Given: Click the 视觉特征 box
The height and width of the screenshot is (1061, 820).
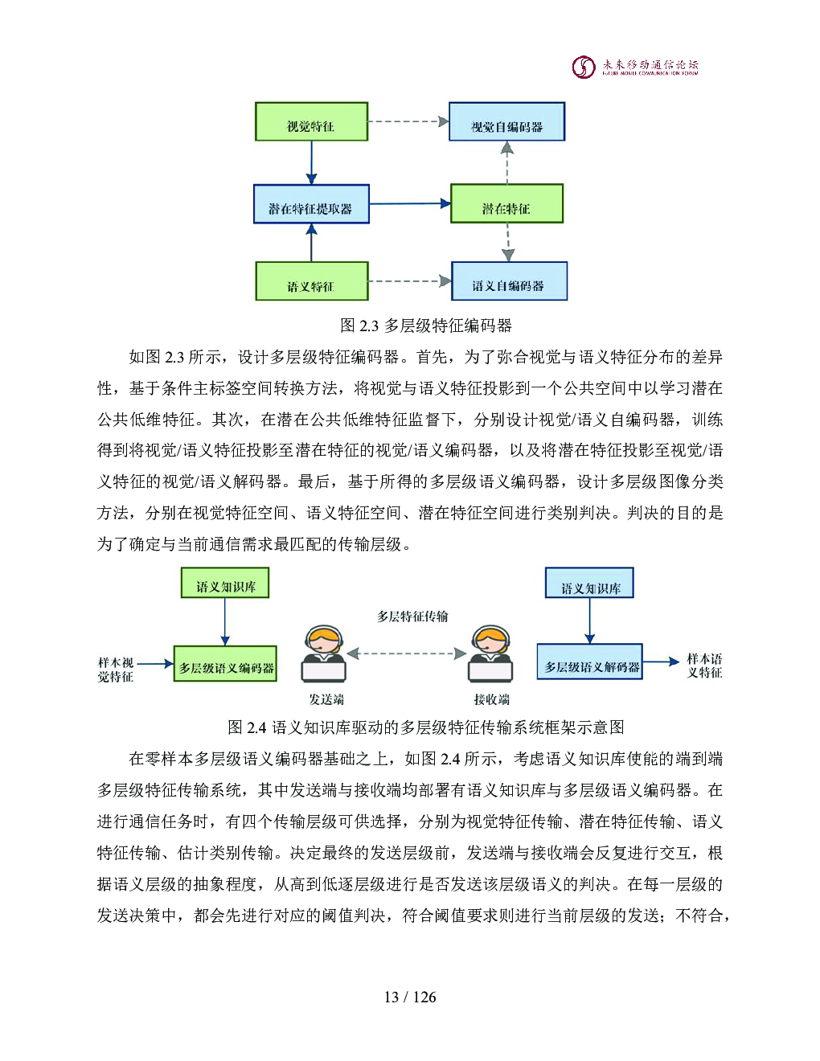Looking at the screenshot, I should (x=311, y=122).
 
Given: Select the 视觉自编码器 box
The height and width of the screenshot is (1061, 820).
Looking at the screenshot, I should (x=506, y=122).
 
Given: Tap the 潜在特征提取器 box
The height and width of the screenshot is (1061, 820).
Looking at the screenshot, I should (x=311, y=205).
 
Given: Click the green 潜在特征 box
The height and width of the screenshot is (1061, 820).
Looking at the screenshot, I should (x=506, y=204).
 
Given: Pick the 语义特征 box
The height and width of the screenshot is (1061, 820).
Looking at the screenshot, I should (x=311, y=281).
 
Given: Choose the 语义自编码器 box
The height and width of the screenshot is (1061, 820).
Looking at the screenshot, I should (x=509, y=281).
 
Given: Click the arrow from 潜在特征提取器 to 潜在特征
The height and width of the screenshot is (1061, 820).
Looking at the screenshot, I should (x=410, y=204).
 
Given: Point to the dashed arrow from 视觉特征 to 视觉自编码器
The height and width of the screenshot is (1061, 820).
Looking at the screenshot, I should (x=408, y=122).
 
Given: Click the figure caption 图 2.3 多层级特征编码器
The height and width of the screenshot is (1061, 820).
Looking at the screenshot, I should (x=425, y=326).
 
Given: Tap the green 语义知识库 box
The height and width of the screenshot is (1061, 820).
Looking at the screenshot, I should (x=225, y=584).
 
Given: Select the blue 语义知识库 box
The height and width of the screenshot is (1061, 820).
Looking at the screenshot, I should (x=589, y=584).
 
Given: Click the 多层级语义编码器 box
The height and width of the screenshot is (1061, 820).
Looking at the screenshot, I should (x=226, y=664).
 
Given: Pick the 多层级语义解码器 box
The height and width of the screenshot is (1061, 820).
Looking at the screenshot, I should (x=590, y=662).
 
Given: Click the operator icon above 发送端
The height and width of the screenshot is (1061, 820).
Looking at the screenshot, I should (x=324, y=654).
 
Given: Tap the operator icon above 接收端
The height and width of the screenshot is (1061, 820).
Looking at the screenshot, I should (x=490, y=654).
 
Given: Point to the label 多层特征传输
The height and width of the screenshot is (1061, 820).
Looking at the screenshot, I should (x=412, y=617).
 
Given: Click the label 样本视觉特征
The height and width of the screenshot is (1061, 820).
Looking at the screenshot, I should (x=116, y=670).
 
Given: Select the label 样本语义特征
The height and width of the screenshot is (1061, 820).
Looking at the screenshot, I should (x=704, y=666).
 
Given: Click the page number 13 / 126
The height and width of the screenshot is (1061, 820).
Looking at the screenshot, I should (x=410, y=998).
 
